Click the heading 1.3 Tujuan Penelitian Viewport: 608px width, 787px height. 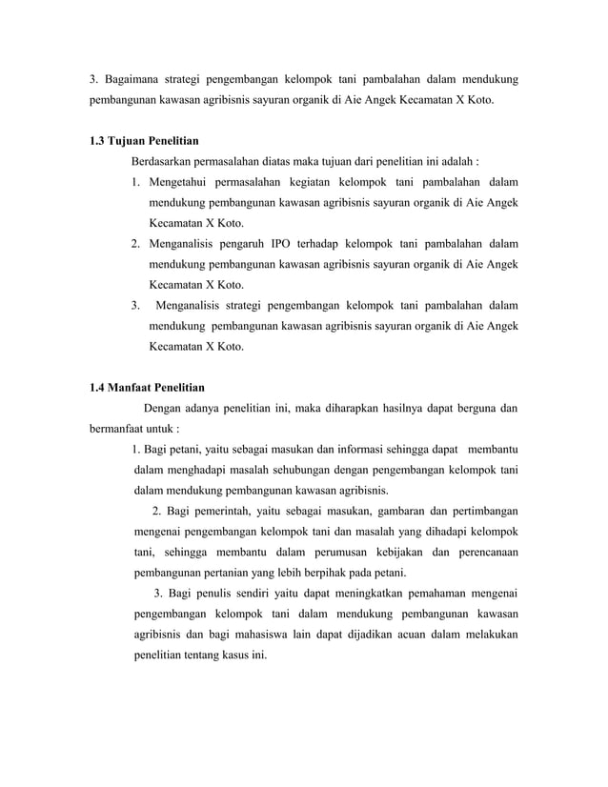click(x=137, y=141)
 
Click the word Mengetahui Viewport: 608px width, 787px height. click(x=186, y=182)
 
